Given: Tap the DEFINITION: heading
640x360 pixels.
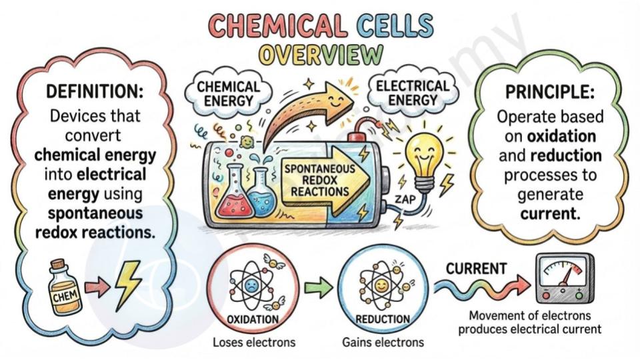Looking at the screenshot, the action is click(x=95, y=91).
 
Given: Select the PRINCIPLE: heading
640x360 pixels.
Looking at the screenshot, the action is click(x=550, y=92).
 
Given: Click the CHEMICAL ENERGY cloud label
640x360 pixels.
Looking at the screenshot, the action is click(x=228, y=93).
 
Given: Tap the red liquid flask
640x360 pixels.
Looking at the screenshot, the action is click(x=234, y=191).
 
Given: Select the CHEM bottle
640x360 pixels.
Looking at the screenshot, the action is click(x=65, y=288).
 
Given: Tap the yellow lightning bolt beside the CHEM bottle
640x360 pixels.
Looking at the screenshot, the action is click(x=128, y=285).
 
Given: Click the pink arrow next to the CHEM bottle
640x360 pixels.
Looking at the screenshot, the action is click(x=97, y=287).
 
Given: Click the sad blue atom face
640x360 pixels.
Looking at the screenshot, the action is click(x=249, y=285).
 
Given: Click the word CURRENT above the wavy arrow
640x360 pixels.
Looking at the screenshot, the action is click(x=476, y=269).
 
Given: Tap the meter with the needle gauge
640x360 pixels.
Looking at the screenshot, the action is click(x=565, y=279).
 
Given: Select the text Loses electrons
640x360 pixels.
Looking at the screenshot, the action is click(x=254, y=342).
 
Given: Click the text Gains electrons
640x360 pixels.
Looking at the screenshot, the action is click(x=383, y=342).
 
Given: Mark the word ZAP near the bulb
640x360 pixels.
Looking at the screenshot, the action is click(x=405, y=199).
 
